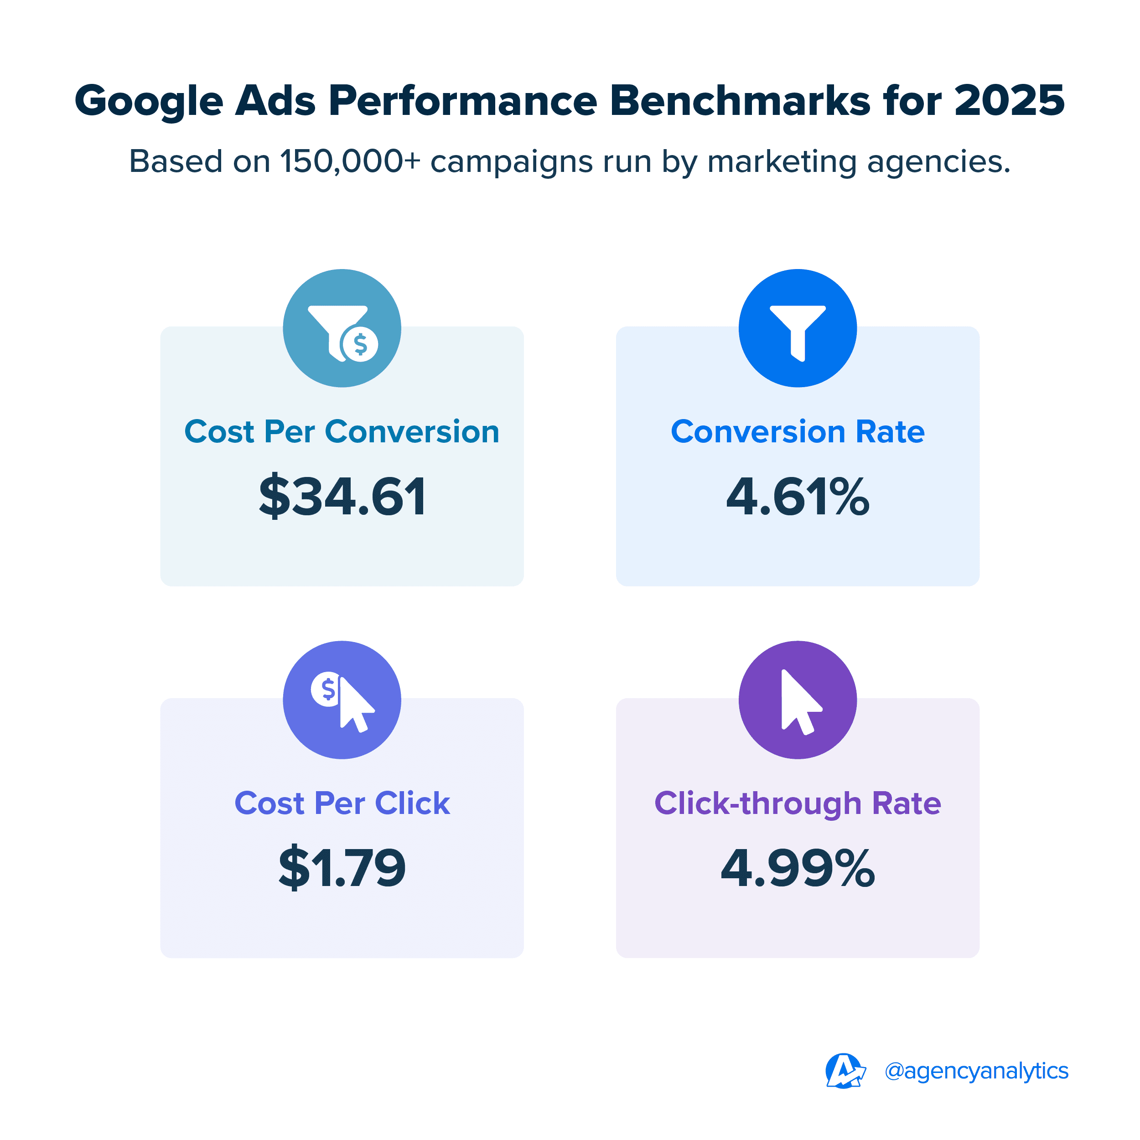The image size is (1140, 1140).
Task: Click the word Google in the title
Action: tap(149, 101)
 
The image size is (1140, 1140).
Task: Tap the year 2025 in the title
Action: tap(1009, 100)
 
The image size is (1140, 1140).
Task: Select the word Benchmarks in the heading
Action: tap(740, 100)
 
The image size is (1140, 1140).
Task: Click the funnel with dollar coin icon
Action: tap(342, 329)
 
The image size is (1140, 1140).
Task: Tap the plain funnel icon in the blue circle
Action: tap(798, 329)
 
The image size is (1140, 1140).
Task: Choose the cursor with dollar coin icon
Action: tap(342, 700)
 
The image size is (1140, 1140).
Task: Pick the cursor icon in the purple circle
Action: tap(798, 700)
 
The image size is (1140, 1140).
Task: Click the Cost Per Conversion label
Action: tap(342, 431)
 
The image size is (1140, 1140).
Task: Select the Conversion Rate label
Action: tap(798, 431)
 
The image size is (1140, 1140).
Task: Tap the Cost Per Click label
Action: tap(342, 803)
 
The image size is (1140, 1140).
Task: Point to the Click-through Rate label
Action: tap(798, 803)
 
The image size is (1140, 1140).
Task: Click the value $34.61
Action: tap(342, 496)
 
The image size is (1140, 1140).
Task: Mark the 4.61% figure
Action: tap(798, 496)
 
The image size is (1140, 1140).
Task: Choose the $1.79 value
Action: tap(342, 867)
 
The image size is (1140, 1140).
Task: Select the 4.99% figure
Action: tap(798, 867)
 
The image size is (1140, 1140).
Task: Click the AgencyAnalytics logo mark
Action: tap(845, 1071)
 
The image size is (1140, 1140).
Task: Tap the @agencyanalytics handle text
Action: tap(977, 1071)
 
